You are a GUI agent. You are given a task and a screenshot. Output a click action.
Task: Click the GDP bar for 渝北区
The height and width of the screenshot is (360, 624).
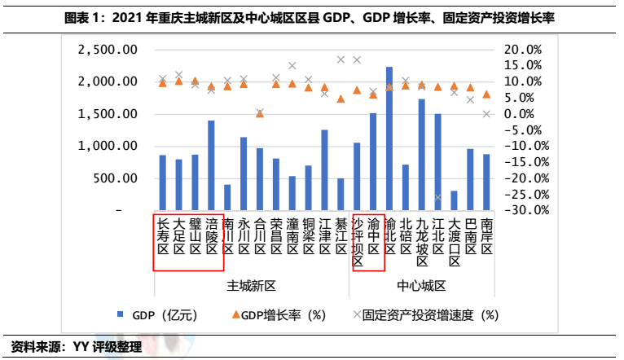tap(389, 138)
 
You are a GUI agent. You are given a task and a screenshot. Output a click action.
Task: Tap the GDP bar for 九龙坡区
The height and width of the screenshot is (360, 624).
tap(421, 155)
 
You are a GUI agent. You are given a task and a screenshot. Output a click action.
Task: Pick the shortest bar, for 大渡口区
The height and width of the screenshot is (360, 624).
tap(454, 200)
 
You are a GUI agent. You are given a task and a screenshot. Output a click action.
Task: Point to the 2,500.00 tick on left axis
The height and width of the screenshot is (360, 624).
tap(107, 50)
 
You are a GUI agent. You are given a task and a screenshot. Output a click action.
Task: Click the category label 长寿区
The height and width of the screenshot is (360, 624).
tap(163, 235)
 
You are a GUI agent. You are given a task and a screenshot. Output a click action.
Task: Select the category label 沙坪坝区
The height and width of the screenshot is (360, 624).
tap(357, 241)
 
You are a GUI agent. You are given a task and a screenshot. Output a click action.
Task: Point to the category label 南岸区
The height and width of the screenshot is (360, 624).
tap(486, 235)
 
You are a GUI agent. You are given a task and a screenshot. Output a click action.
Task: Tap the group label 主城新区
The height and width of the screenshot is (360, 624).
tap(251, 286)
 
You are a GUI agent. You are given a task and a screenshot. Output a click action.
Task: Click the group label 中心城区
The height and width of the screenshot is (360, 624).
tap(421, 286)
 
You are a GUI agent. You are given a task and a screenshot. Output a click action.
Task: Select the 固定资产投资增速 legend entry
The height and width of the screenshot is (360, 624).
tap(424, 314)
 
